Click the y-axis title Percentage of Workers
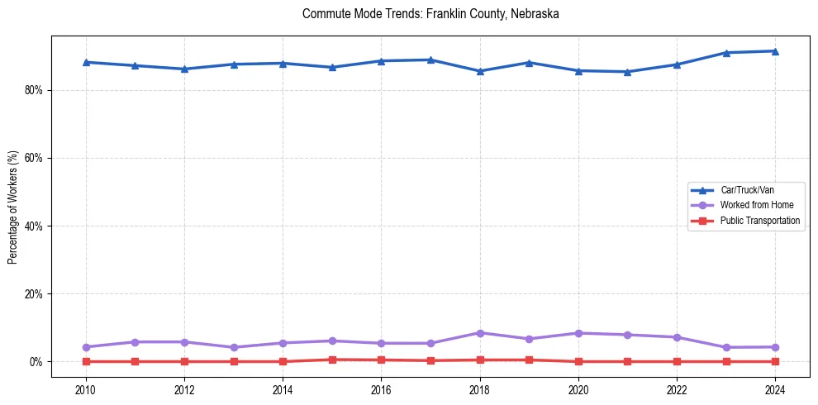tap(12, 207)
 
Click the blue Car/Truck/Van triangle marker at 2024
tap(775, 51)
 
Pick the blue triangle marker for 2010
tap(86, 62)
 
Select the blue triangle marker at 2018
tap(479, 71)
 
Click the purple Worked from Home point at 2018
tap(479, 333)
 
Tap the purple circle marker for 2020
tap(578, 333)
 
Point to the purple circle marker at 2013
tap(234, 347)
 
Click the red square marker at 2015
tap(332, 360)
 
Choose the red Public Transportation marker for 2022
tap(677, 361)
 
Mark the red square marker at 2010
tap(86, 361)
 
